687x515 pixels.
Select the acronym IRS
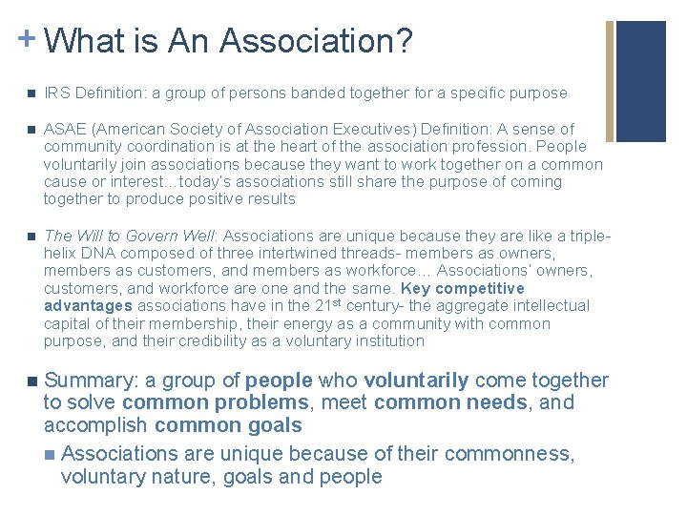point(56,93)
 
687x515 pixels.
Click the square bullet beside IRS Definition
point(31,94)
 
